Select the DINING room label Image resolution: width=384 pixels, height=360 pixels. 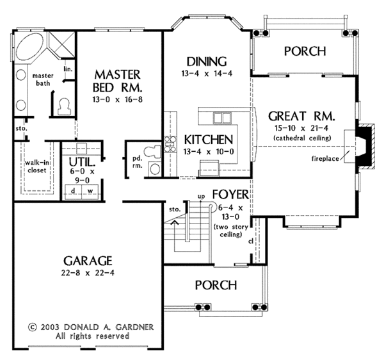click(x=207, y=62)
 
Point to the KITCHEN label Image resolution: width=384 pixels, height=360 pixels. click(x=207, y=140)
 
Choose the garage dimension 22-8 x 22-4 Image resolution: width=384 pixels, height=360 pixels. click(x=88, y=274)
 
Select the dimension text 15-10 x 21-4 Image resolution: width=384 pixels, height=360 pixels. click(x=302, y=128)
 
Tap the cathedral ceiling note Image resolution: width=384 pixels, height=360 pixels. click(x=302, y=138)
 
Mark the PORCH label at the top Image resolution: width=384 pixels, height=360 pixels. click(x=304, y=51)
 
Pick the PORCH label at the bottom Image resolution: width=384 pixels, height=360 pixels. click(x=215, y=284)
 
